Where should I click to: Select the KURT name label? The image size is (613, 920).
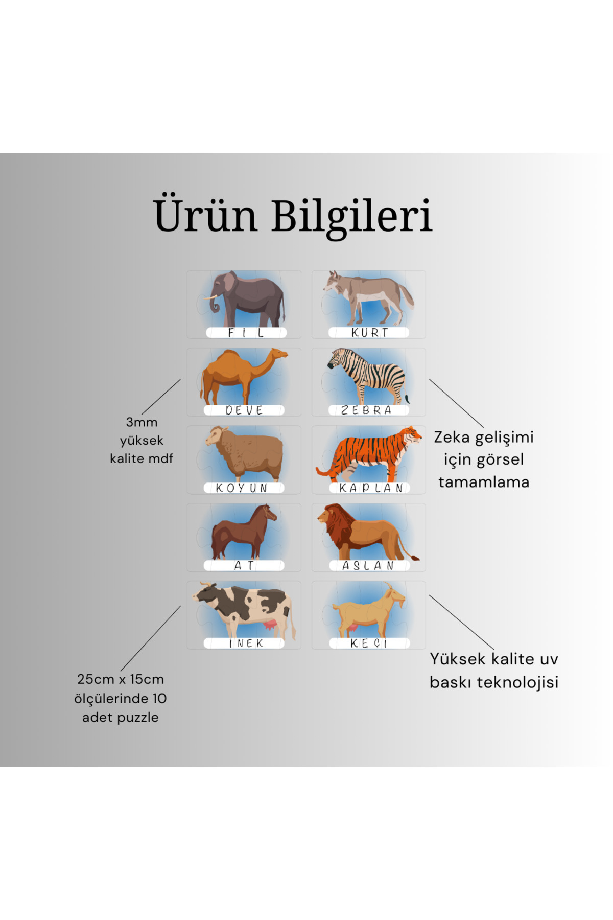point(369,333)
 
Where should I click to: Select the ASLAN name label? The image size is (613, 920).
point(368,566)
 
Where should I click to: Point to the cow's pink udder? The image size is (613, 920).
point(270,626)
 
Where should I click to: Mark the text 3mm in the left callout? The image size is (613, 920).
point(142,423)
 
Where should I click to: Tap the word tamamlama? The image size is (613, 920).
point(484,482)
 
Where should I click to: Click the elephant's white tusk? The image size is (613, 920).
point(209,297)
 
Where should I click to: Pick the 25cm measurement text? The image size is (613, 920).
point(96,679)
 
